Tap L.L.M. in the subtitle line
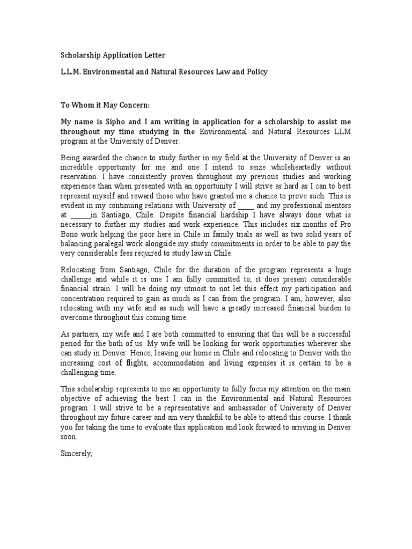(x=70, y=71)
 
